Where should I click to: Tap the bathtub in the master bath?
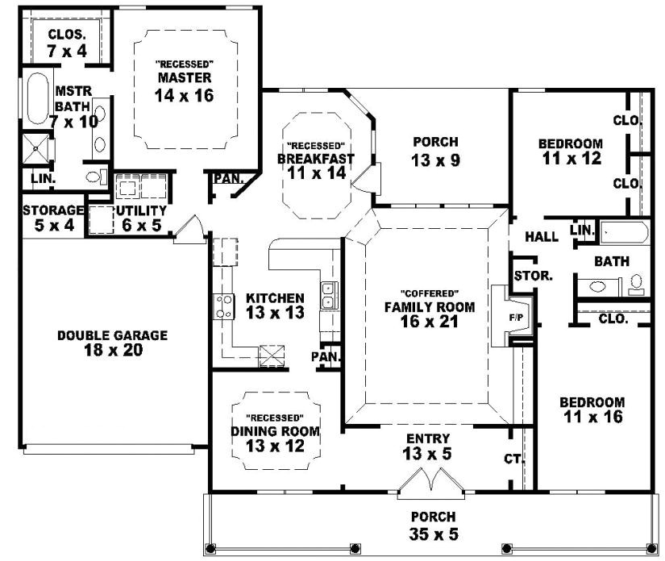pyautogui.click(x=37, y=98)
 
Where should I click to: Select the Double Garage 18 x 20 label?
pyautogui.click(x=112, y=343)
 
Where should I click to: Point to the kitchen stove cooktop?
pyautogui.click(x=222, y=305)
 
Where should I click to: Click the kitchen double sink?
pyautogui.click(x=329, y=296)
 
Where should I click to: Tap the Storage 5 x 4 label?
pyautogui.click(x=54, y=218)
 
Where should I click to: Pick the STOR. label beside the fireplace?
pyautogui.click(x=533, y=275)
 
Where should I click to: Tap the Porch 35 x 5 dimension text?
pyautogui.click(x=433, y=532)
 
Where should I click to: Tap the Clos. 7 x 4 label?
pyautogui.click(x=68, y=42)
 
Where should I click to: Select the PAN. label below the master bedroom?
pyautogui.click(x=228, y=178)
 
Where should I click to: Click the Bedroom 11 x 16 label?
pyautogui.click(x=592, y=409)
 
